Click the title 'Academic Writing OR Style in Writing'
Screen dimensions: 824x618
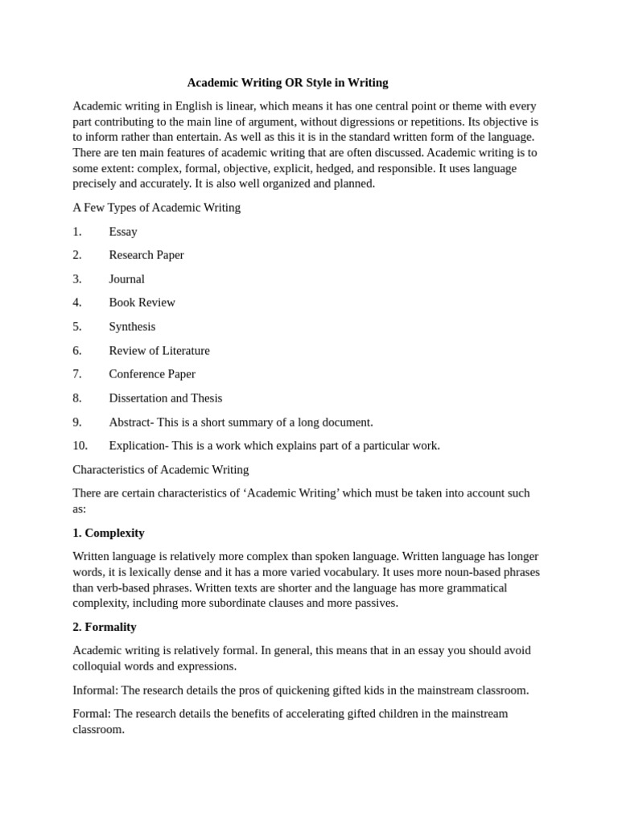[x=287, y=83]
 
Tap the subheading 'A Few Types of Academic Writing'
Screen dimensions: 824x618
[x=156, y=208]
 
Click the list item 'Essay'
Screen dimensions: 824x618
[x=123, y=232]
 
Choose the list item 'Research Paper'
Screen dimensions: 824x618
[x=146, y=255]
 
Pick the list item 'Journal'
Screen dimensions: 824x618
[x=127, y=279]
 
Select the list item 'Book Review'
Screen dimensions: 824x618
[x=142, y=303]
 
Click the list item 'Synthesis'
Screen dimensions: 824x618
[x=132, y=327]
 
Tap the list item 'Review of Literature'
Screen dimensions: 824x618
[x=159, y=351]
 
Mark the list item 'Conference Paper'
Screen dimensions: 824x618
[x=152, y=374]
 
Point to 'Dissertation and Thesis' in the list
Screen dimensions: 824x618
[x=166, y=398]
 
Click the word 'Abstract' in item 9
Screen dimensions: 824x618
[x=130, y=422]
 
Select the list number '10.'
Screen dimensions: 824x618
[x=80, y=446]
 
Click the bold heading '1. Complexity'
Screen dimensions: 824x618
[x=109, y=533]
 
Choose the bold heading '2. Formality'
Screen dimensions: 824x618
[x=105, y=627]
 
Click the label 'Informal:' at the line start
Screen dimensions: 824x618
[x=95, y=690]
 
